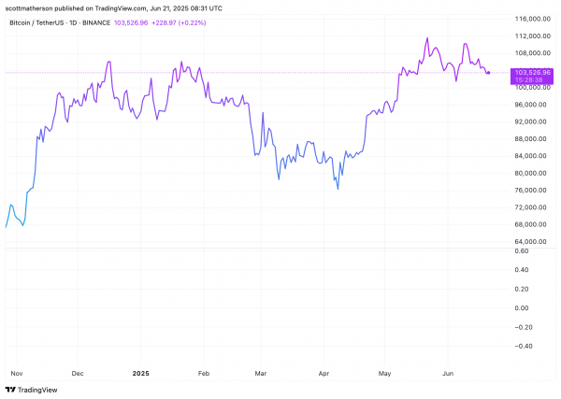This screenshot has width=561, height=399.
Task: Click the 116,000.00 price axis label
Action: [x=532, y=19]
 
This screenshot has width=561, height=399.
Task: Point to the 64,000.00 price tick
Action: [x=530, y=242]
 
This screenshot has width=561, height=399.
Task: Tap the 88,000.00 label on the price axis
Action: [x=530, y=138]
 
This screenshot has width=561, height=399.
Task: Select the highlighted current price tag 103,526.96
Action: [x=532, y=73]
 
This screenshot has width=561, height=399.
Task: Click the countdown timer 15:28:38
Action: [x=528, y=80]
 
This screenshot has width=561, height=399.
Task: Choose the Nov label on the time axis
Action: [x=17, y=374]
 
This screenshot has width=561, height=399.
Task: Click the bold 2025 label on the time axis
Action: [x=140, y=374]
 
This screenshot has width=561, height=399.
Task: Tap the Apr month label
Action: [x=324, y=374]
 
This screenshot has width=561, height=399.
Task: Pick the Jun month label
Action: [x=448, y=374]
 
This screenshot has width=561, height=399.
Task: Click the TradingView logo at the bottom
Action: [x=32, y=390]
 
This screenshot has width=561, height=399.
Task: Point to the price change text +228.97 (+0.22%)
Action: [x=179, y=22]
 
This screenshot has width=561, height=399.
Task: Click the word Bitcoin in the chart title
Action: [x=20, y=22]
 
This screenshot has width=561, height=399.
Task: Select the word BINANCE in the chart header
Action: [x=96, y=22]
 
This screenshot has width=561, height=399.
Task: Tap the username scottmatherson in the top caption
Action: [x=29, y=8]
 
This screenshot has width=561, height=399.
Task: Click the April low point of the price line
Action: [x=338, y=189]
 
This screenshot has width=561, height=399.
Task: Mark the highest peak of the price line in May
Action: [x=427, y=38]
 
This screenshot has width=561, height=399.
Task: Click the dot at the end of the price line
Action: [x=489, y=73]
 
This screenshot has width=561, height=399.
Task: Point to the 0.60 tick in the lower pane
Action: [x=522, y=251]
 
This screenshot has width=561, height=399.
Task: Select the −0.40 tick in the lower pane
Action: [x=522, y=346]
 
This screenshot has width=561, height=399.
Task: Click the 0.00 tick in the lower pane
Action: [x=522, y=307]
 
